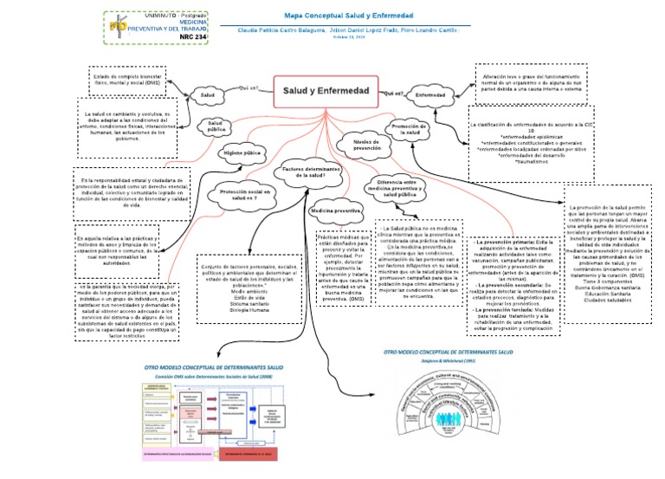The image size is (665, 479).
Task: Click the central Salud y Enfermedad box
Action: tap(326, 91)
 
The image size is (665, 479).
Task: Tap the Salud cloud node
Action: tap(207, 94)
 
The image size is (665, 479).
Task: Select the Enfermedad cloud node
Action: tap(430, 94)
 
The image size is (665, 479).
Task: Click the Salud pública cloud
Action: tap(214, 127)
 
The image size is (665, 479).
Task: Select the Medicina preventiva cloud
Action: tap(335, 210)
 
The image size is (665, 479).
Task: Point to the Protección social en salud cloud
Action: tap(245, 194)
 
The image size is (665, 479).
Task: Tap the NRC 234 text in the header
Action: tap(193, 37)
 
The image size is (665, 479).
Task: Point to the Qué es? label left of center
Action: tap(248, 88)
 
